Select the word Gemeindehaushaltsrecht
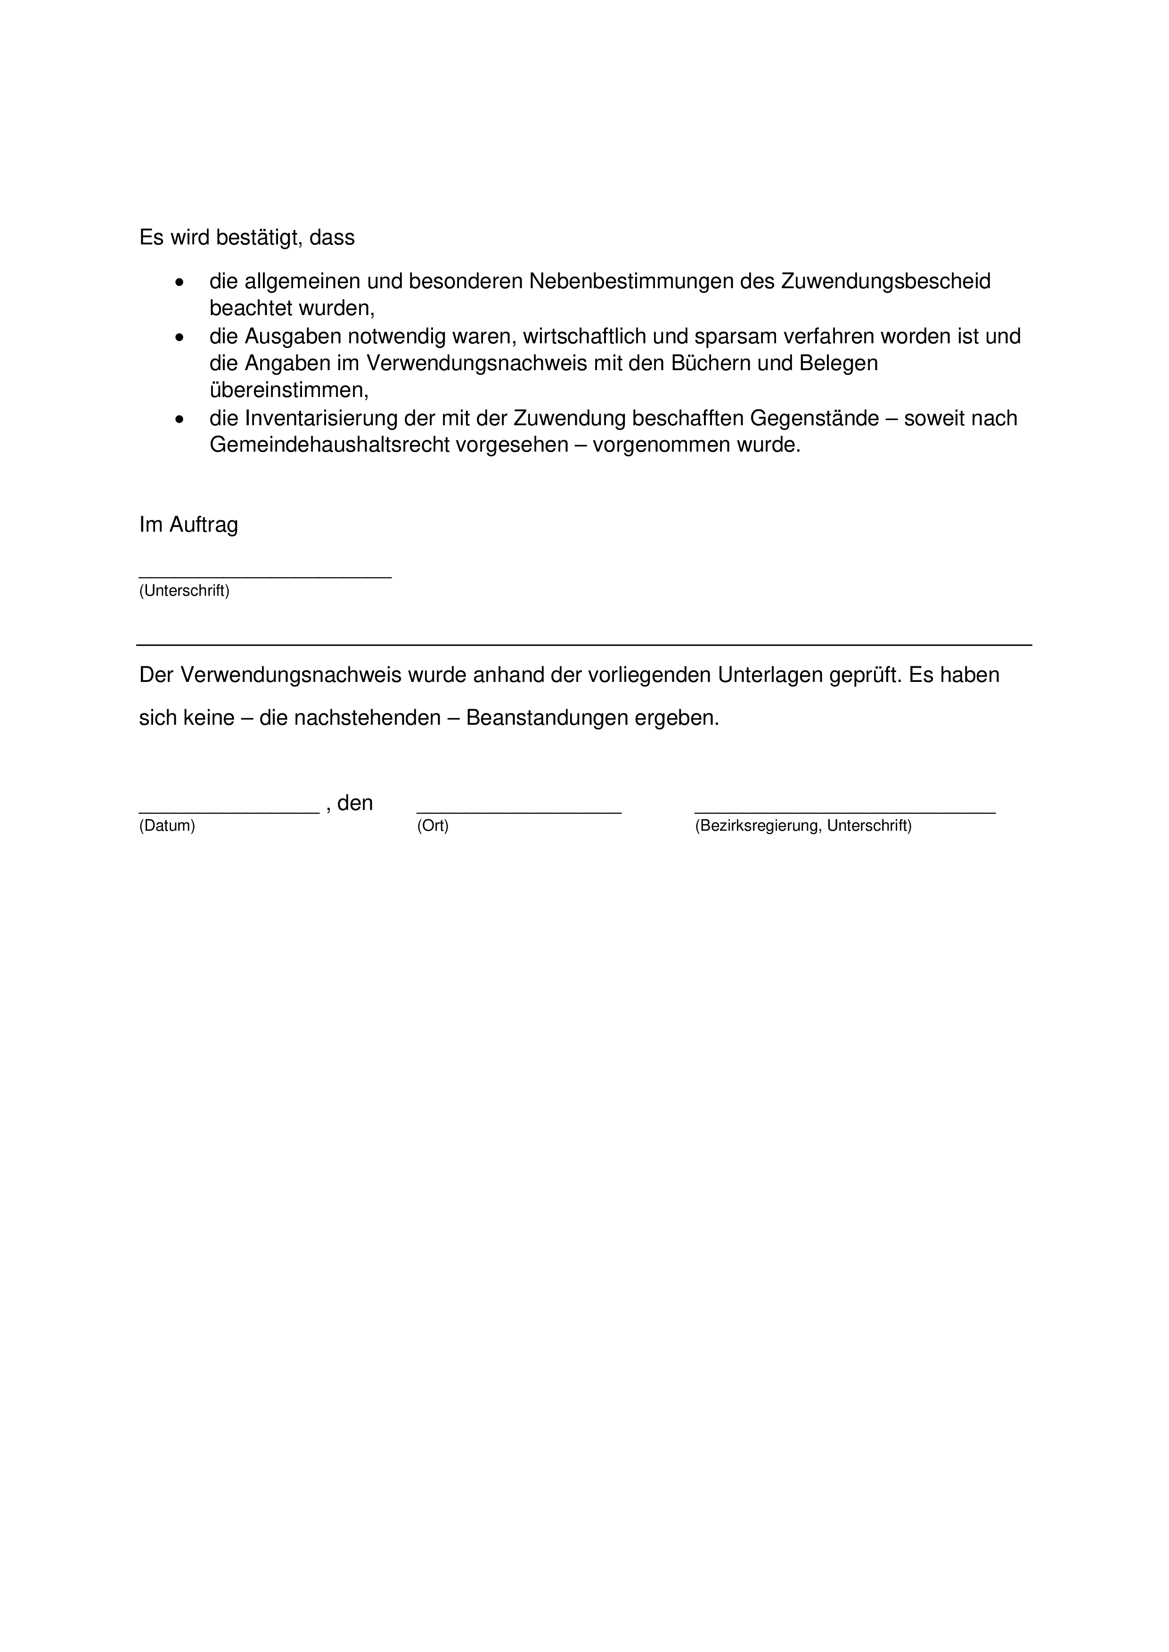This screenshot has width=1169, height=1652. tap(329, 445)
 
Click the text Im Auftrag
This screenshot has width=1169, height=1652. tap(188, 525)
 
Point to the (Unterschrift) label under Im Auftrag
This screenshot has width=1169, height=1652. tap(184, 591)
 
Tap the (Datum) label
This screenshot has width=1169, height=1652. tap(167, 826)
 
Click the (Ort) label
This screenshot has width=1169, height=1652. tap(433, 826)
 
